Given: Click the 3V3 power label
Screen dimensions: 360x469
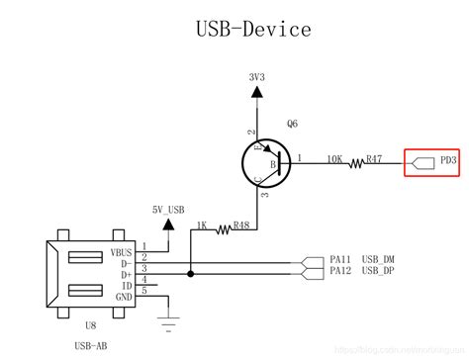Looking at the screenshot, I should pos(256,75).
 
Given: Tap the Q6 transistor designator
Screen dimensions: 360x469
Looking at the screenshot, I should pos(293,125).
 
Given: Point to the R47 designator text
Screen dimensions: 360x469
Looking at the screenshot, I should pos(374,157).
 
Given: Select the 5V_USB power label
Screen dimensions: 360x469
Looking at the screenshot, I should pos(167,209).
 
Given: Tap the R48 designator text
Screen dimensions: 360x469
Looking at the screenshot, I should pos(240,225).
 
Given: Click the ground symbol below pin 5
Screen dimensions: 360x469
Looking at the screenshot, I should pos(166,318).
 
